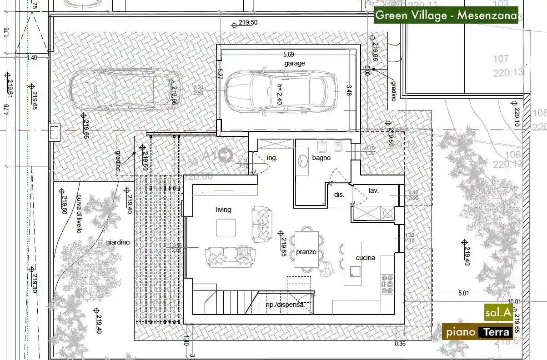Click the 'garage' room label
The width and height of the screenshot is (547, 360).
[295, 64]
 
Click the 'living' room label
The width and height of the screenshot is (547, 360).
[223, 210]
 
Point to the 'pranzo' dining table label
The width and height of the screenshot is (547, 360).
[306, 251]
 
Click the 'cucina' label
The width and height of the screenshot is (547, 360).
[365, 258]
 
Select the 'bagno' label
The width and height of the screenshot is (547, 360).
[321, 158]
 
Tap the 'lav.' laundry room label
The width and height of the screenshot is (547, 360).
[374, 191]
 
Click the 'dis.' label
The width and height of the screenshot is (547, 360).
[339, 194]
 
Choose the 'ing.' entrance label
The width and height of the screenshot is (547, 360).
[272, 158]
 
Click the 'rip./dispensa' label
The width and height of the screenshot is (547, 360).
[285, 305]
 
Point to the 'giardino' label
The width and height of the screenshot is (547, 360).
[118, 242]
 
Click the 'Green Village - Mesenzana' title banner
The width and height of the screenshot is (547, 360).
[446, 15]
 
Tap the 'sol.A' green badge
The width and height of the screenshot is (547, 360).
[498, 312]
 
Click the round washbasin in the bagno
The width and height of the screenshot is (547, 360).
[303, 160]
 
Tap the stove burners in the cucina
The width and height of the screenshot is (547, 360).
[387, 284]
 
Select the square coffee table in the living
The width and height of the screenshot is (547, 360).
[226, 228]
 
